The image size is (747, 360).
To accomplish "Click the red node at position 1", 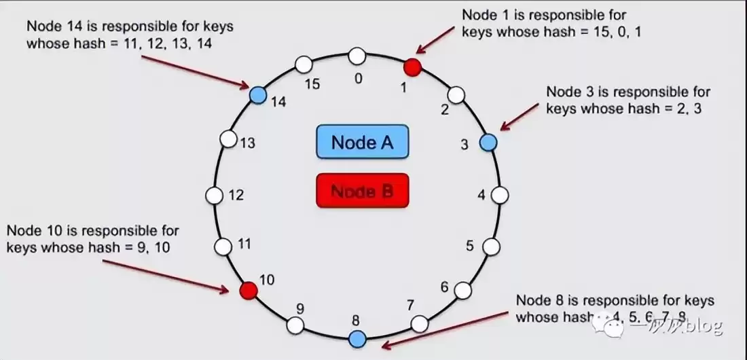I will click(412, 67).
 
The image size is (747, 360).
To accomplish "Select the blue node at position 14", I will click(257, 94).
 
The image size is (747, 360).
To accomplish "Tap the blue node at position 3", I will click(488, 142).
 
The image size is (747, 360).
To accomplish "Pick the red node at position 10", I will click(249, 291).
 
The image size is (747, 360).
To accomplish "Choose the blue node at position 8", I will click(357, 338).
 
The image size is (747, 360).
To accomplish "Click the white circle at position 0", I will click(357, 56).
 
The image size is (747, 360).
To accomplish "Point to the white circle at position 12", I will click(215, 195).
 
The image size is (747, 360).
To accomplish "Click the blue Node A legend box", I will click(362, 143).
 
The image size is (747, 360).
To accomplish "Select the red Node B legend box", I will click(362, 191).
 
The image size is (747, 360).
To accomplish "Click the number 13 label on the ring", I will click(247, 143).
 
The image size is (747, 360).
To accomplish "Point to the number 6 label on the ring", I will click(445, 287).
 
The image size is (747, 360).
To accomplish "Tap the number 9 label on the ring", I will click(299, 308).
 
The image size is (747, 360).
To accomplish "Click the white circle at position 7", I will click(420, 323).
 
